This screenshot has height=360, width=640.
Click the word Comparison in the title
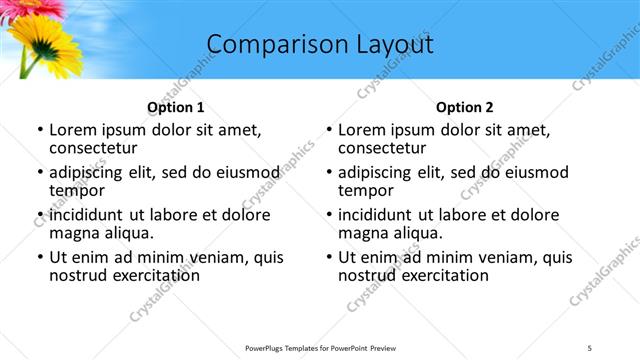point(265,44)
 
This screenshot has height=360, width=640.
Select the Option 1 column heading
point(175,107)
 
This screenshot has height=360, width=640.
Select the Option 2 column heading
point(465,107)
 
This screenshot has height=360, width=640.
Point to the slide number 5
point(589,347)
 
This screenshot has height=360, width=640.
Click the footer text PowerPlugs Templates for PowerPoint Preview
point(319,347)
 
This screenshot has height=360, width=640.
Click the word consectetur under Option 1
point(95,148)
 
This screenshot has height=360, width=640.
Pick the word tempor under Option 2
point(365,190)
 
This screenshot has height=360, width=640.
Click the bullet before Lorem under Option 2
point(329,130)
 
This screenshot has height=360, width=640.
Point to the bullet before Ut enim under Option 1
point(39,257)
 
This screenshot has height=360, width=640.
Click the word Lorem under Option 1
point(72,130)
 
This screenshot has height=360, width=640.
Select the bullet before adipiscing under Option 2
point(329,172)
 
